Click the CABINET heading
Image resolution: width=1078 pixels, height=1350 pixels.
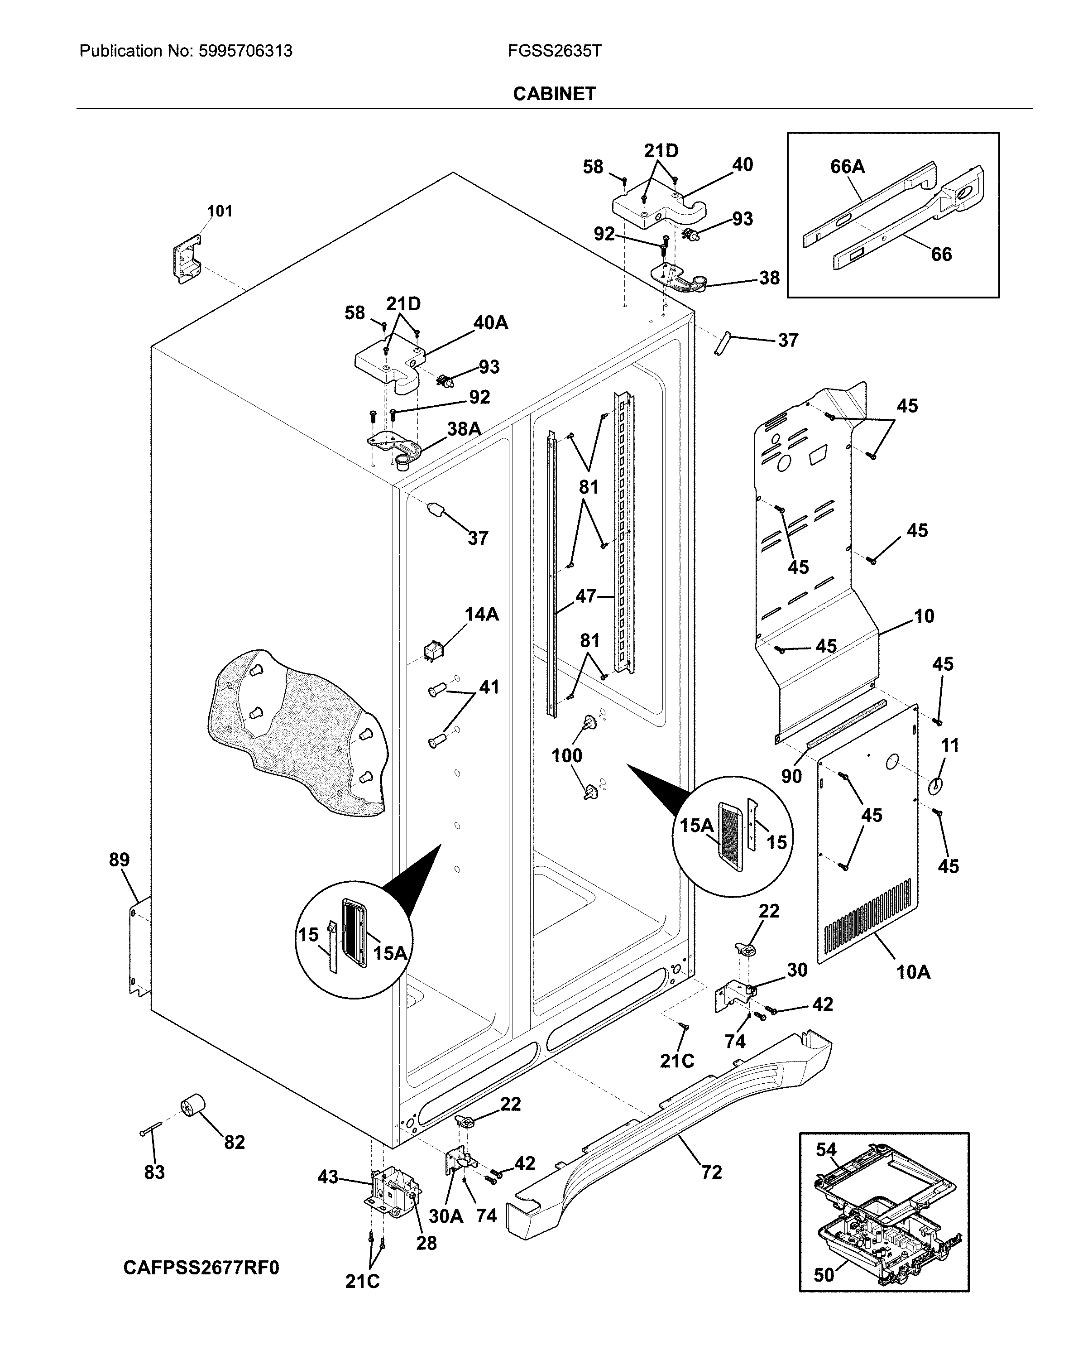[x=554, y=94]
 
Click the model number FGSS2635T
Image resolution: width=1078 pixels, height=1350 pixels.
[x=555, y=51]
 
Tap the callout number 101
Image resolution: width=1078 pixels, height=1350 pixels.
[x=219, y=211]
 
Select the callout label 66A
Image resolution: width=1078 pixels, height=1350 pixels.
[x=847, y=167]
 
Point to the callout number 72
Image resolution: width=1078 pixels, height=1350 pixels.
[x=711, y=1172]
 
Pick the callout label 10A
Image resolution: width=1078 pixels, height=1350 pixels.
[x=913, y=972]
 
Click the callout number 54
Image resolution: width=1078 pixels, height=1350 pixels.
[x=826, y=1150]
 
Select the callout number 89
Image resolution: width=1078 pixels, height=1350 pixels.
[x=119, y=860]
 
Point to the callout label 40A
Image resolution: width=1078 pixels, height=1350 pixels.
[x=490, y=323]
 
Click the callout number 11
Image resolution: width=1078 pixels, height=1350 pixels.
[x=950, y=745]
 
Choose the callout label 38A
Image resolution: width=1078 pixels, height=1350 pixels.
[x=464, y=429]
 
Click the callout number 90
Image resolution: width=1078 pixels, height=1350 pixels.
[x=791, y=776]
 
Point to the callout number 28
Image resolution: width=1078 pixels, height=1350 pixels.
[x=426, y=1243]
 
